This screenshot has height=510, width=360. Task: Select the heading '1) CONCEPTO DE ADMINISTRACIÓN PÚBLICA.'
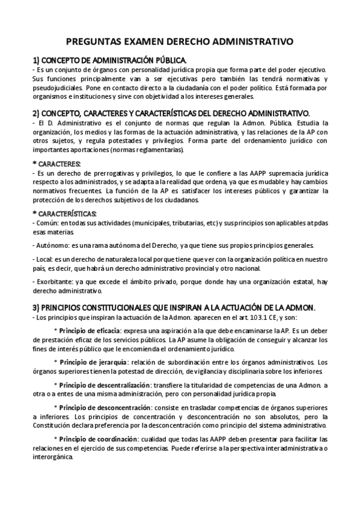(x=109, y=60)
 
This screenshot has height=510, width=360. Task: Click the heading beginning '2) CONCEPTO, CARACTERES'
(x=171, y=114)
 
